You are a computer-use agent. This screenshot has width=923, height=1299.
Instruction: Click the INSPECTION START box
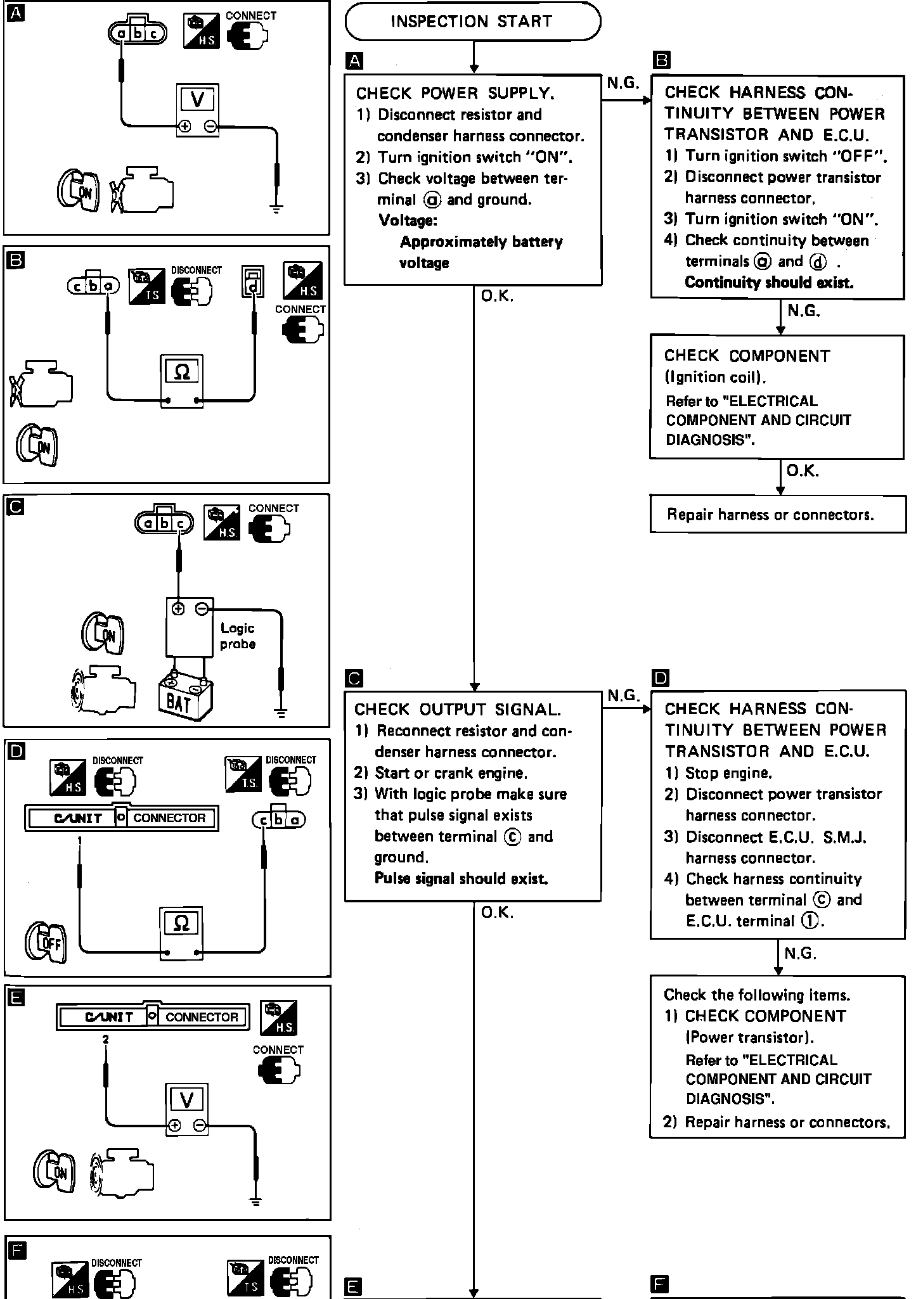click(x=472, y=22)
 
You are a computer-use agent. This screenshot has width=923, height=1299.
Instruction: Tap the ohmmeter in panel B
click(x=181, y=381)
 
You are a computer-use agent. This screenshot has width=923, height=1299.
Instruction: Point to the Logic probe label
click(x=238, y=636)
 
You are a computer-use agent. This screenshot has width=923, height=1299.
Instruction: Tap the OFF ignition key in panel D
click(x=46, y=943)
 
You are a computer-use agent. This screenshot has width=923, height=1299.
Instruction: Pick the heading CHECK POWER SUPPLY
click(x=455, y=94)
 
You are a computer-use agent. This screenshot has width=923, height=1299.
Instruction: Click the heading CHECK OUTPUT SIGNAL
click(x=457, y=710)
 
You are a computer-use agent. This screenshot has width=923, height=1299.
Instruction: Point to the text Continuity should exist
click(x=769, y=283)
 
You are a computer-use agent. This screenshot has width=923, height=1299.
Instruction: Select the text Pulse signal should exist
click(x=461, y=878)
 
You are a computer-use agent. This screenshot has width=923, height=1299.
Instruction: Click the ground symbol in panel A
click(x=276, y=207)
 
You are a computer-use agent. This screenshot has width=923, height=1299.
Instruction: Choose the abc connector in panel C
click(x=164, y=522)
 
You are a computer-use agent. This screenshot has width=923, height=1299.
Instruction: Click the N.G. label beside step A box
click(x=623, y=83)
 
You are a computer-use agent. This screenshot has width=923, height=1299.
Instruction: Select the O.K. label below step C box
click(x=497, y=912)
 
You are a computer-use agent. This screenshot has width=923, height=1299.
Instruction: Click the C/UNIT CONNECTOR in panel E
click(x=152, y=1017)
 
